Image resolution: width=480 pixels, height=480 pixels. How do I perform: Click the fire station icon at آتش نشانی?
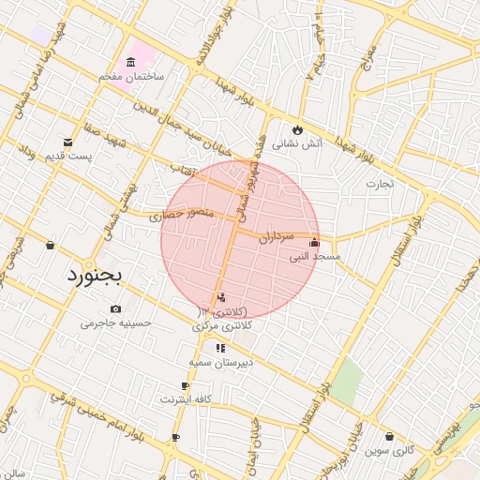pos(297,129)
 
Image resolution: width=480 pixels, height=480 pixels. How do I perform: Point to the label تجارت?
pos(380,183)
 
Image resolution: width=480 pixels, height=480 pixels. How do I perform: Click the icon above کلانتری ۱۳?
pos(220,296)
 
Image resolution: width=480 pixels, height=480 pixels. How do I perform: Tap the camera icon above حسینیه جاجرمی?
pos(115,309)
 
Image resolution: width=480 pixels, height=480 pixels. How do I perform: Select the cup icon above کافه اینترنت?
pos(185,385)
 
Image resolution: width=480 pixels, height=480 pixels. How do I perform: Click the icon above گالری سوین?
pos(389,436)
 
